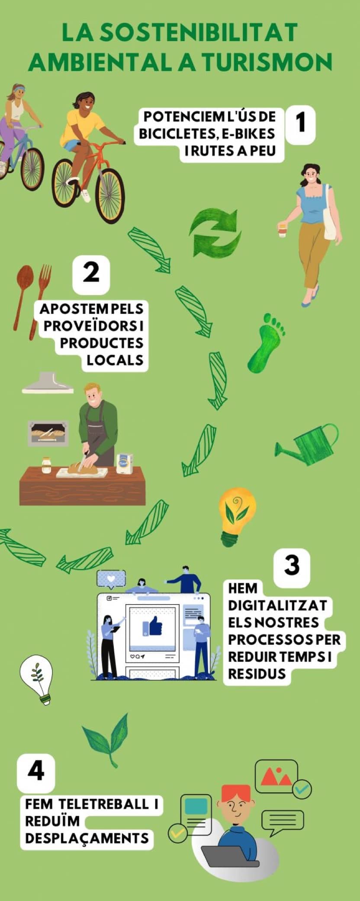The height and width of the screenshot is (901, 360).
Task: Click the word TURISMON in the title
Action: click(x=267, y=62)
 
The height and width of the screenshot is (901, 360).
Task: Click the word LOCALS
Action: click(x=115, y=360)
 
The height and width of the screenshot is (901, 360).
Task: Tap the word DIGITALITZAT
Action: click(x=277, y=605)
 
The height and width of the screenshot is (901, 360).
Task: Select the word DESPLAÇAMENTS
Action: click(x=87, y=838)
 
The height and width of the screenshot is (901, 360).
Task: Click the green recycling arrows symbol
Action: click(x=215, y=234)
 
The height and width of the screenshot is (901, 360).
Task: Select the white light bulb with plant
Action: click(x=37, y=678)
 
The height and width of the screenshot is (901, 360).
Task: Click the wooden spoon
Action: click(x=23, y=294)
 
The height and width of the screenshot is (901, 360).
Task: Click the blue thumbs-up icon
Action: click(x=152, y=627)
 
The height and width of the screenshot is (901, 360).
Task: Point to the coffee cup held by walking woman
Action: click(x=282, y=229)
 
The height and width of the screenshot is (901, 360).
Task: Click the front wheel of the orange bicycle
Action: click(x=109, y=194)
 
